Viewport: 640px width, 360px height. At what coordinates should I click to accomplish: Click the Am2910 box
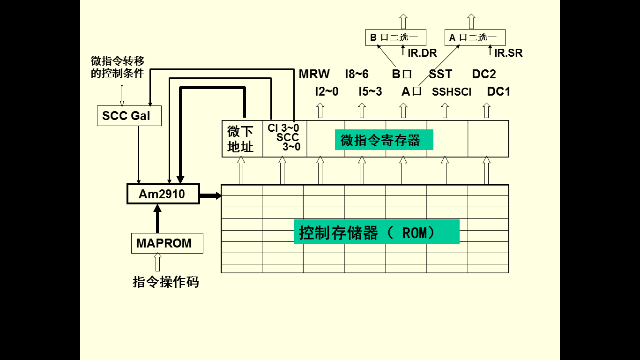[x=163, y=194]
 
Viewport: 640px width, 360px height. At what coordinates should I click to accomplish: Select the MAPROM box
[x=167, y=243]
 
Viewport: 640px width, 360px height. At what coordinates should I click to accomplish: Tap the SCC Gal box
[x=129, y=116]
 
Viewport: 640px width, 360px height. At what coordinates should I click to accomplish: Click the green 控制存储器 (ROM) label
[x=376, y=232]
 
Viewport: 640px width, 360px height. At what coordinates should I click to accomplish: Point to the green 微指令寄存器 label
[x=384, y=140]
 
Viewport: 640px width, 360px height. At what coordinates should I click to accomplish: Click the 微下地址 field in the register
[x=241, y=139]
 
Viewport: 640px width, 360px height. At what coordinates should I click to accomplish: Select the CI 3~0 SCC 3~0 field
[x=283, y=137]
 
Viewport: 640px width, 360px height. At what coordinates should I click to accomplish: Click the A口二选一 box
[x=475, y=37]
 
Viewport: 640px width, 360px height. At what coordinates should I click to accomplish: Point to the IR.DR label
[x=422, y=53]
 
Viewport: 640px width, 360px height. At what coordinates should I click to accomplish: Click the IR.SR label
[x=508, y=53]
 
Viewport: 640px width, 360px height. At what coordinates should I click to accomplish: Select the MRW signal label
[x=314, y=74]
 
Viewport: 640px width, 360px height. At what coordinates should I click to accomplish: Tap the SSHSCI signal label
[x=451, y=92]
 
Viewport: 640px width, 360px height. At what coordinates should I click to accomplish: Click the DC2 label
[x=484, y=74]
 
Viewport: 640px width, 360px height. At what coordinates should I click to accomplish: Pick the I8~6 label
[x=357, y=74]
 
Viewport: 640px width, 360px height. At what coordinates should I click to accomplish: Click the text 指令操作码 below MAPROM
[x=166, y=282]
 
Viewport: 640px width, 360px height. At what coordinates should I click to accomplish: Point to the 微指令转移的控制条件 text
[x=117, y=67]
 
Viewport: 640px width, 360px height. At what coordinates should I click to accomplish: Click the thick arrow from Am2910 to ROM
[x=210, y=195]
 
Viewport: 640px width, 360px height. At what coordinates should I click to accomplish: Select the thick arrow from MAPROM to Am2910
[x=157, y=219]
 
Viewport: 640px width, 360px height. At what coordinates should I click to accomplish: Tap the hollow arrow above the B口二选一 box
[x=403, y=21]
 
